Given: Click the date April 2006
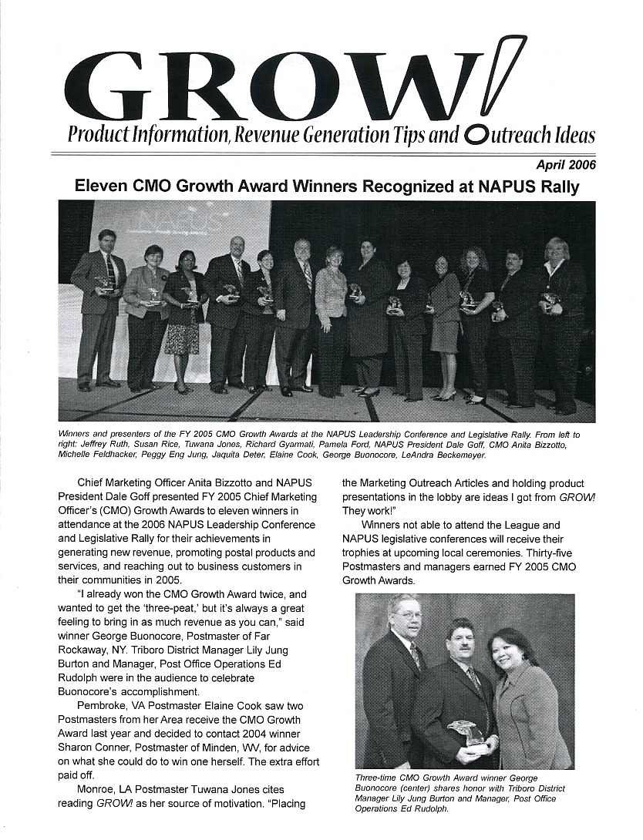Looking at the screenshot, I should pyautogui.click(x=565, y=163).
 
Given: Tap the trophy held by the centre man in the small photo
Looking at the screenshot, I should pyautogui.click(x=467, y=731).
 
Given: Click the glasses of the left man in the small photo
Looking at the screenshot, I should pyautogui.click(x=406, y=614).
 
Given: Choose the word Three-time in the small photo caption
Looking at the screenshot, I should pyautogui.click(x=372, y=778).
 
